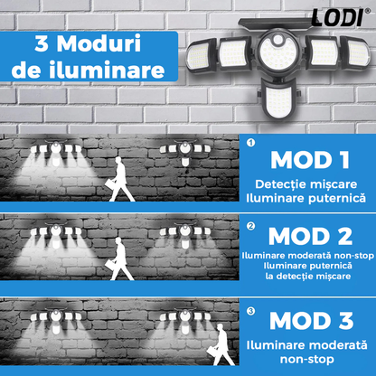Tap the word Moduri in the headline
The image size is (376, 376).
tap(99, 44)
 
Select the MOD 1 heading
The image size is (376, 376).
tap(310, 160)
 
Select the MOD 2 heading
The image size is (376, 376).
tap(310, 237)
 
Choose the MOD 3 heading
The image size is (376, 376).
tap(312, 321)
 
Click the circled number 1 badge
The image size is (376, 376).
tap(250, 143)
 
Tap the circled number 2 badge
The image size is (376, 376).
tap(250, 226)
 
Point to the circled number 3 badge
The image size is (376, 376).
tap(250, 311)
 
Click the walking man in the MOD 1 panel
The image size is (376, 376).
tap(119, 180)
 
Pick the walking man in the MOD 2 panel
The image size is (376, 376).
tap(119, 259)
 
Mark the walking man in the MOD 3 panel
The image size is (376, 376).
tap(221, 344)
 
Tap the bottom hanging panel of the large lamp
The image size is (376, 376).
tap(277, 99)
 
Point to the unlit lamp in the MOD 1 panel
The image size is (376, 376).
tap(185, 152)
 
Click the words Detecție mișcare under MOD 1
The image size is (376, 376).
tap(306, 184)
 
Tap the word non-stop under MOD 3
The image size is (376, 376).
tap(307, 359)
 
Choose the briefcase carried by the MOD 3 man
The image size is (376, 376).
tap(212, 352)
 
